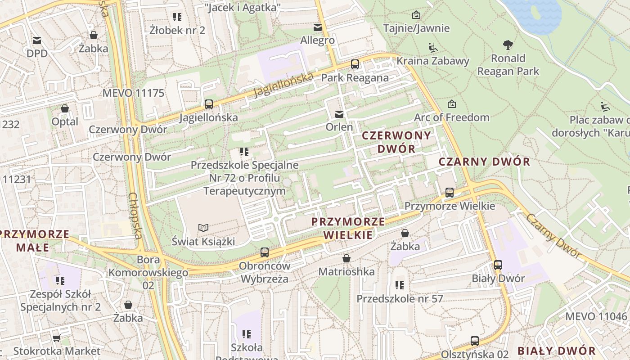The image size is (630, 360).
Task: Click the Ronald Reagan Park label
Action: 508,65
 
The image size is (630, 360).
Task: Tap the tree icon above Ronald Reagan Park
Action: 508,45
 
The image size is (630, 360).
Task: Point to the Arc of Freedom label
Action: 451,117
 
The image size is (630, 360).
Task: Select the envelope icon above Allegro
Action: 318,27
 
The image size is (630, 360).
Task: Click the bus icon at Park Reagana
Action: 355,64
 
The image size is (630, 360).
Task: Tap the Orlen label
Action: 339,127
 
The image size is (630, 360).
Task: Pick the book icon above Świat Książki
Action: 203,228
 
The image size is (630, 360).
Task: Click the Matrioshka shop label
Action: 346,272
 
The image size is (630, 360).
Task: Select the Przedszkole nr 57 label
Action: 400,299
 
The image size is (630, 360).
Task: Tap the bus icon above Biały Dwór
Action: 498,265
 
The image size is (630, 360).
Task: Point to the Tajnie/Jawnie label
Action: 416,28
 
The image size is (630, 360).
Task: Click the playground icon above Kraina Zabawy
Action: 432,47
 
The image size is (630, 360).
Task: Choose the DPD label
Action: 37,54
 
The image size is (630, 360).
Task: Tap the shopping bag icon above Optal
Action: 65,108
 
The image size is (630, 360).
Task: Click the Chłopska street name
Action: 135,216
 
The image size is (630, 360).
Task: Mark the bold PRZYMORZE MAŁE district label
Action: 35,241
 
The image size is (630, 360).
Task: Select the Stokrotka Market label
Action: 57,351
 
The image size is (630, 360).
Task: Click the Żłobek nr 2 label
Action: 177,31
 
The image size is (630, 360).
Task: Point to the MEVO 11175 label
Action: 134,93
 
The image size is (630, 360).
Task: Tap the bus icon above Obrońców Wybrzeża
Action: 265,252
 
